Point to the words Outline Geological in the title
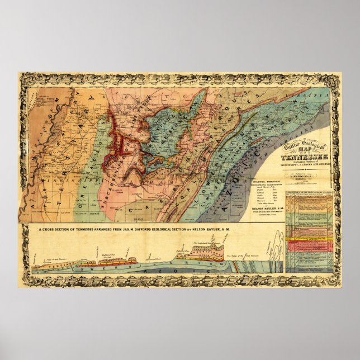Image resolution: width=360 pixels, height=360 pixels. click(x=302, y=147)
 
